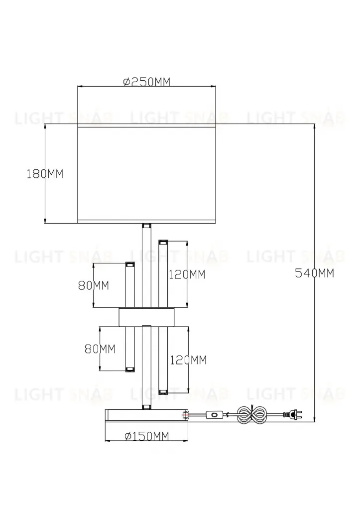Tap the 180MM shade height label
[x=45, y=174]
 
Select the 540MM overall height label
[x=314, y=273]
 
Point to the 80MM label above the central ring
[x=93, y=285]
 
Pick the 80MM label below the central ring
[x=100, y=349]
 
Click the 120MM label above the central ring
[x=187, y=274]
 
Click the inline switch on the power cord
[x=215, y=414]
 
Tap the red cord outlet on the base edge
[x=186, y=415]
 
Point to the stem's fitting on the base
[x=146, y=407]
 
